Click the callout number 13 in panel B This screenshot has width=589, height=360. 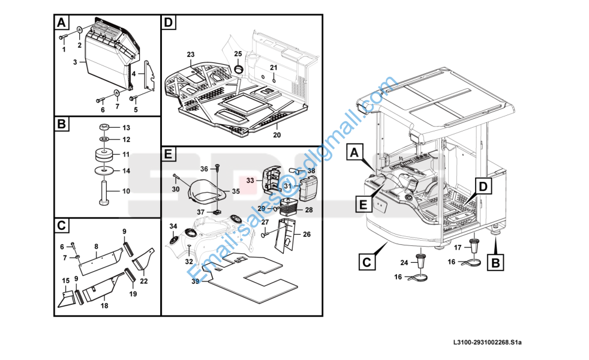126,128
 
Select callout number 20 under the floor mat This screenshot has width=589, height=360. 277,135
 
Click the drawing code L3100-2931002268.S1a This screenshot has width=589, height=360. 488,343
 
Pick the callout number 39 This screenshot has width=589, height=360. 196,281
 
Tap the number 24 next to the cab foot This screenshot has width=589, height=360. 404,262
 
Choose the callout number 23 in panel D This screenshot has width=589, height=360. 191,55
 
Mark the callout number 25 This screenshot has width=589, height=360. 238,54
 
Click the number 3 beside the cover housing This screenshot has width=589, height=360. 76,62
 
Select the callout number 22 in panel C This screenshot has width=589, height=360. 144,280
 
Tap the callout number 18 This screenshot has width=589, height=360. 104,305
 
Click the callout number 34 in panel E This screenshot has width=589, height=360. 173,226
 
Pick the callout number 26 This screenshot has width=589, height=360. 306,235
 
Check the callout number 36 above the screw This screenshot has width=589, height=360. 204,169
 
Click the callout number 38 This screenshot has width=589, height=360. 311,170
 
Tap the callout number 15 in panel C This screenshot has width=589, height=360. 66,280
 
